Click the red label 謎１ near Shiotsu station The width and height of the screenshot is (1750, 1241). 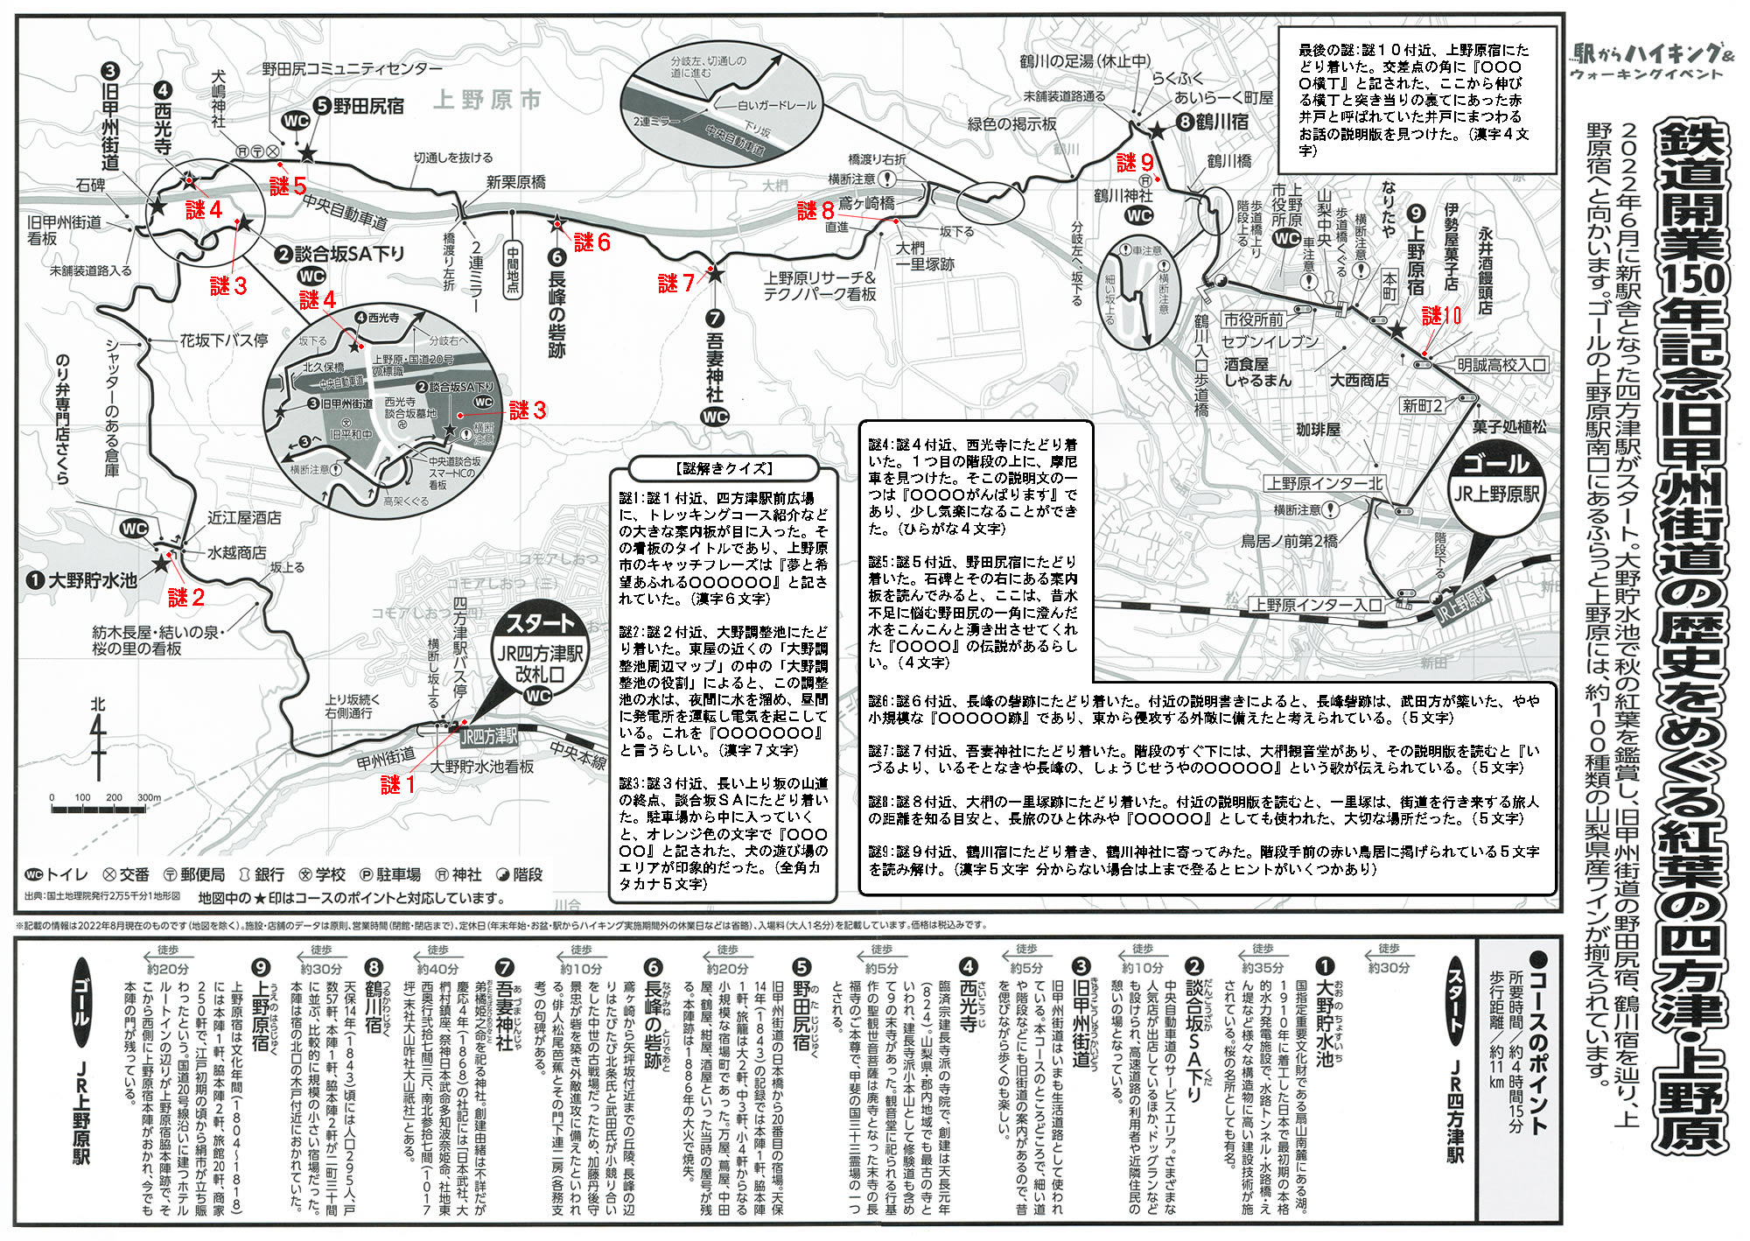tap(397, 785)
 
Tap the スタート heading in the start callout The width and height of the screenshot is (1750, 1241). tap(540, 624)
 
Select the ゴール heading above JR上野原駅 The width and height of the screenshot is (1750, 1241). tap(1496, 463)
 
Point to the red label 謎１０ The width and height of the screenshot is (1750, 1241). tap(1441, 316)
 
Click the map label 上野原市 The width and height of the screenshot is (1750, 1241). tap(487, 100)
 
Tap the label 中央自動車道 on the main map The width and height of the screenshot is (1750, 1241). tap(345, 210)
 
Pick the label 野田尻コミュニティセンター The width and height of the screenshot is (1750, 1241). tap(352, 68)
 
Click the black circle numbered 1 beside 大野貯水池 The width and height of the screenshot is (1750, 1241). tap(35, 580)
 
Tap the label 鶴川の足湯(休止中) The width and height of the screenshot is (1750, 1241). tap(1085, 61)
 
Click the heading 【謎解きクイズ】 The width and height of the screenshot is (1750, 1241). tap(724, 468)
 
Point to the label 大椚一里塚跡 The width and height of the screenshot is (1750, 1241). tap(923, 256)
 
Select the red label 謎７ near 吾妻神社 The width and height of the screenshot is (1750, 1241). tap(676, 283)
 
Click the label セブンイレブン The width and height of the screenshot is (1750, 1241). tap(1270, 341)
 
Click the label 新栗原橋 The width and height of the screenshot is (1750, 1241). tap(515, 182)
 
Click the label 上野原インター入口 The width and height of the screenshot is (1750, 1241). tap(1317, 605)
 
